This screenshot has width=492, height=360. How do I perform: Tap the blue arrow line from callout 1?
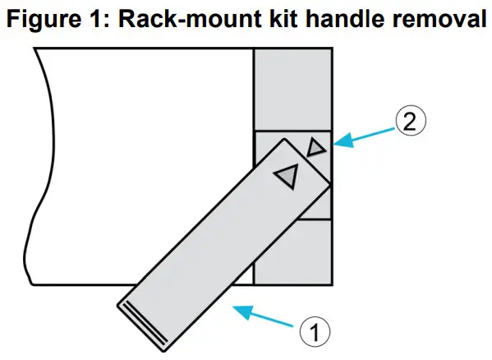[x=271, y=319]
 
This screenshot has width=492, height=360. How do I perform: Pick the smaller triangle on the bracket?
[x=315, y=147]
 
